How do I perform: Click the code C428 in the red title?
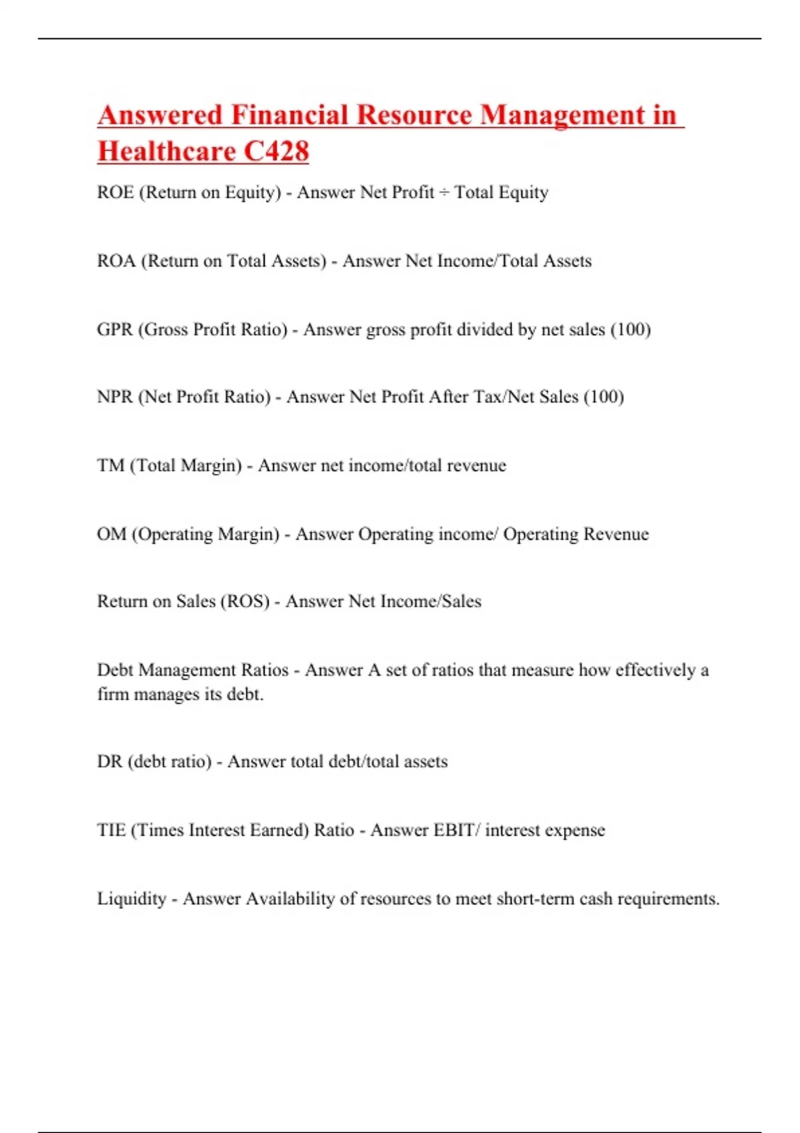pyautogui.click(x=276, y=151)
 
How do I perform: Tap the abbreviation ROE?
pyautogui.click(x=115, y=193)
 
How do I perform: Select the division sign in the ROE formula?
pyautogui.click(x=444, y=193)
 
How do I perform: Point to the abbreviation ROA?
pyautogui.click(x=116, y=261)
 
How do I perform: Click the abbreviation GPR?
pyautogui.click(x=115, y=330)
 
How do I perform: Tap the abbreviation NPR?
pyautogui.click(x=115, y=397)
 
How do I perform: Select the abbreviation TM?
pyautogui.click(x=111, y=466)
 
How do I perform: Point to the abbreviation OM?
pyautogui.click(x=111, y=535)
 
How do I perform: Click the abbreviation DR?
pyautogui.click(x=109, y=762)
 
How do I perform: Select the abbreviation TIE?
pyautogui.click(x=111, y=830)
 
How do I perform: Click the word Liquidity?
pyautogui.click(x=131, y=899)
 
